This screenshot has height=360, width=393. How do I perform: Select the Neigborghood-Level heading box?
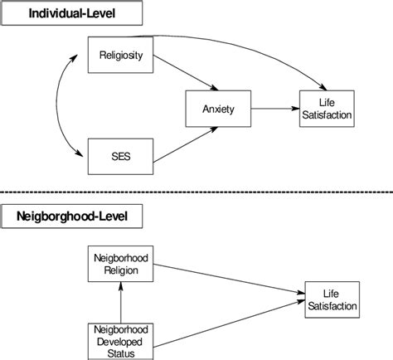tap(72, 217)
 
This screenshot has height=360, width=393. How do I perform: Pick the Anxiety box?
tap(217, 107)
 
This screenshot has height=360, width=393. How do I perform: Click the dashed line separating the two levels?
tap(196, 190)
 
